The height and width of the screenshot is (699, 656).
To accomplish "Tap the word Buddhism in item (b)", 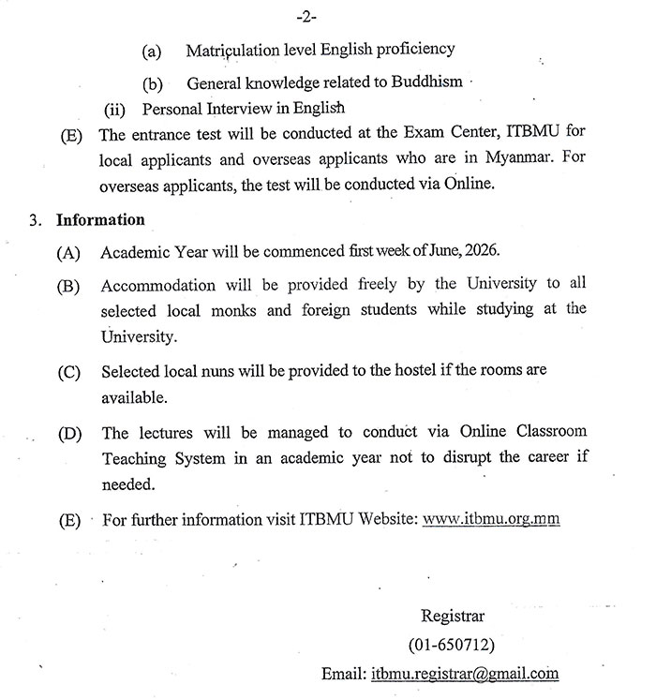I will [x=429, y=82].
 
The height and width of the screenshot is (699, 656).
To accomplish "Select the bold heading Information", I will [x=101, y=220].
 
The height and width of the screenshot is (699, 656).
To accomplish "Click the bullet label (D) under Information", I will [x=69, y=434].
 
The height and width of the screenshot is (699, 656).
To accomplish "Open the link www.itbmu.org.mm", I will [x=491, y=518].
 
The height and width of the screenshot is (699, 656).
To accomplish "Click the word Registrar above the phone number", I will [x=453, y=617].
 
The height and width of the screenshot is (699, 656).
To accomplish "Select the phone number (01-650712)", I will [x=453, y=645].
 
